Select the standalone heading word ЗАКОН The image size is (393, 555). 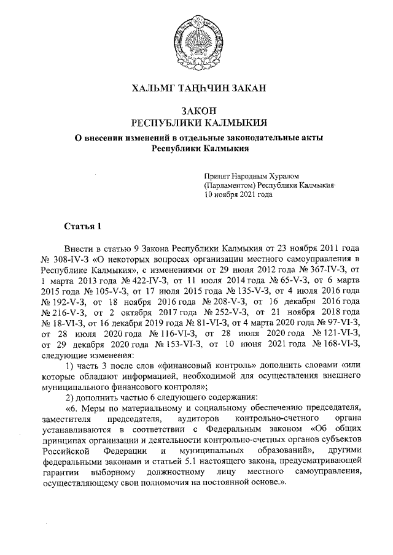[196, 109]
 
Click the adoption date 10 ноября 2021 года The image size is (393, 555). [238, 194]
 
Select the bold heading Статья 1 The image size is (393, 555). [82, 227]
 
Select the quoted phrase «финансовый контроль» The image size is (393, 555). [198, 356]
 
